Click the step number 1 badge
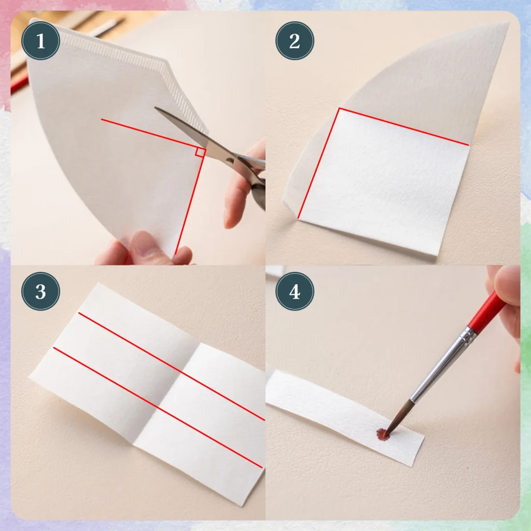[40, 40]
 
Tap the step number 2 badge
[295, 40]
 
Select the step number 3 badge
[40, 291]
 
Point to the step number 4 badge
[295, 291]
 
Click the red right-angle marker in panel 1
[200, 152]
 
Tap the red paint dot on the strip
[383, 434]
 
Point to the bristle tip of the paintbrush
[387, 432]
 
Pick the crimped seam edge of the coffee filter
[135, 78]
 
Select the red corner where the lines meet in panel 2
[339, 108]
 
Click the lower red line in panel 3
[158, 408]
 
